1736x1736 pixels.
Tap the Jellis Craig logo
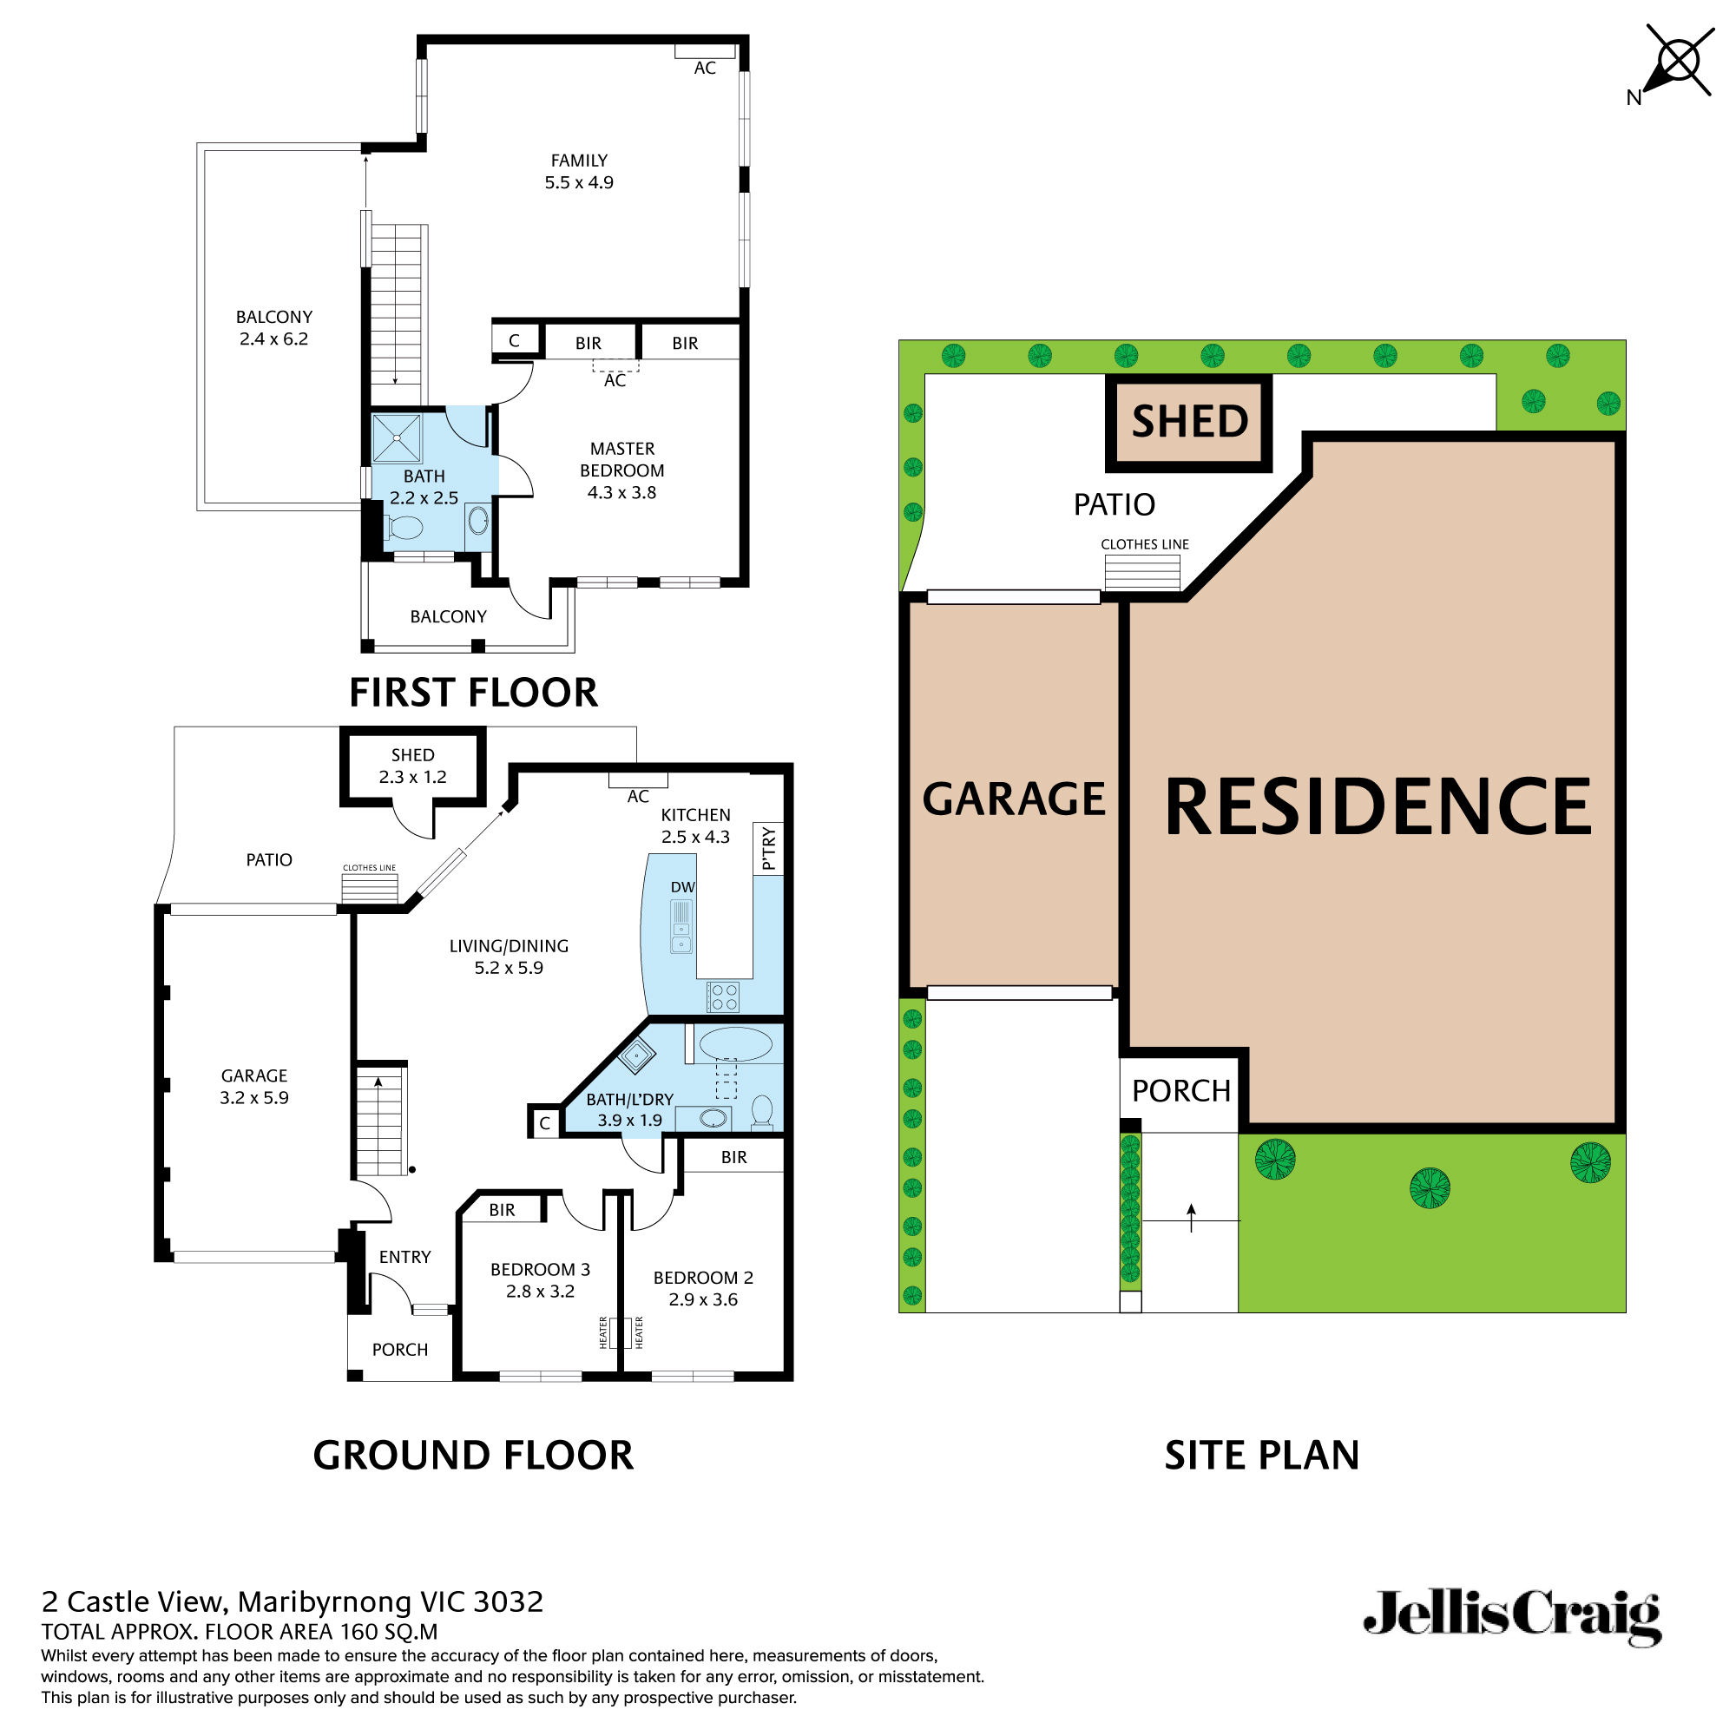click(1511, 1618)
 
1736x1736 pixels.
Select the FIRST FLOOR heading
click(473, 693)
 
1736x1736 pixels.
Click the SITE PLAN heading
click(1260, 1455)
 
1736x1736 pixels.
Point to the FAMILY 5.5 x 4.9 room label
click(579, 172)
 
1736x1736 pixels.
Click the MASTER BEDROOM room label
click(621, 470)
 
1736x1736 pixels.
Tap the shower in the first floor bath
click(397, 437)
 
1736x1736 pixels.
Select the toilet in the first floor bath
click(404, 528)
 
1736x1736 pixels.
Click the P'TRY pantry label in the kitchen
click(768, 848)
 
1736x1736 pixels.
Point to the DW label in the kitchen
click(683, 887)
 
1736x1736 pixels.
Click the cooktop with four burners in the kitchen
click(723, 996)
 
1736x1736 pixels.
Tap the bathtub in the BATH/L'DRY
click(735, 1044)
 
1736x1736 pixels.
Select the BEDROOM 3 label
click(540, 1279)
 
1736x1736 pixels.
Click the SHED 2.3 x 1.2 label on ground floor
click(412, 766)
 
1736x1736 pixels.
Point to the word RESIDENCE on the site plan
click(1378, 807)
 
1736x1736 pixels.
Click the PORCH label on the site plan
click(1180, 1091)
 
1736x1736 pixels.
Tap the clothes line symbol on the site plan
click(1142, 571)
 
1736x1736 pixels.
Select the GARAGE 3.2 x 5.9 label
click(254, 1086)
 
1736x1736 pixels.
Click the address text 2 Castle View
click(292, 1601)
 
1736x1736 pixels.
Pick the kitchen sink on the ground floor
click(681, 927)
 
